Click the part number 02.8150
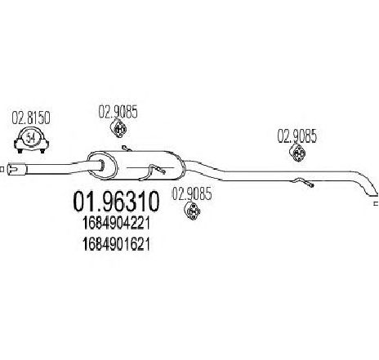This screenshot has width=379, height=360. (x=31, y=118)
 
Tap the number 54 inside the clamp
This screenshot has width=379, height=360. (x=31, y=138)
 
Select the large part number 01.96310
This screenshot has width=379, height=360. (x=116, y=202)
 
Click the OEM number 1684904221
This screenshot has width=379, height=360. (x=116, y=224)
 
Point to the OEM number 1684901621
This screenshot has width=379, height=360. (x=116, y=244)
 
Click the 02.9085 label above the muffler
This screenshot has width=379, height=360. (x=118, y=112)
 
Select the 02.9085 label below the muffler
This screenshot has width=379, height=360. (x=192, y=194)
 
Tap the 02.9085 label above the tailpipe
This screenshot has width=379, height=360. (x=297, y=136)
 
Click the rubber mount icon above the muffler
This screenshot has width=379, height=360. (x=118, y=128)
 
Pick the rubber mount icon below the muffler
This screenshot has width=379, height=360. (x=192, y=211)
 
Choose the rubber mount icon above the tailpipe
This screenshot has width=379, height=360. (x=297, y=153)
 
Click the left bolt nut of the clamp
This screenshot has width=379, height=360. (x=20, y=151)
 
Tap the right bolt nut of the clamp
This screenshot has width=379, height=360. (x=42, y=151)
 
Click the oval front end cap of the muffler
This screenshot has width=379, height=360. (x=102, y=167)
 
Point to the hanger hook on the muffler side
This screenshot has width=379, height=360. (x=153, y=172)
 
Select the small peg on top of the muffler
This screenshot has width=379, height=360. (x=126, y=149)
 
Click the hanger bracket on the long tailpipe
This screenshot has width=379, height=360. (x=303, y=182)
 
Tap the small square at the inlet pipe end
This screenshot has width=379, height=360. (x=2, y=169)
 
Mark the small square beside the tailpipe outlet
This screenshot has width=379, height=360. (x=377, y=203)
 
